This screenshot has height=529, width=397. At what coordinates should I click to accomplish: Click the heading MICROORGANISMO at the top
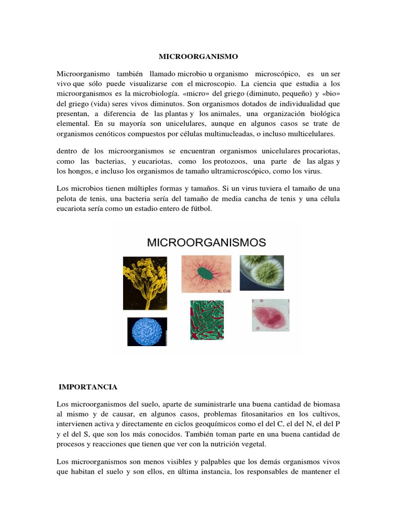198,56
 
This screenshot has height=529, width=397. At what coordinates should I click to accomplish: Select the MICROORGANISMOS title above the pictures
207,242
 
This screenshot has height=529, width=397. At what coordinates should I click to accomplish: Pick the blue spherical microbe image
147,331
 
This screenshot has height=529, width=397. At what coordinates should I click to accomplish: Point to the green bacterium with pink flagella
206,274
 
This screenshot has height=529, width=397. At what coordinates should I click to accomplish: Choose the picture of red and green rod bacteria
207,320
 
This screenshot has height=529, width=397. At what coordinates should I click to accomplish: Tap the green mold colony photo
262,272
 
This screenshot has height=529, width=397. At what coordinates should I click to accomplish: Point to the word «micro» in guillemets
194,94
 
